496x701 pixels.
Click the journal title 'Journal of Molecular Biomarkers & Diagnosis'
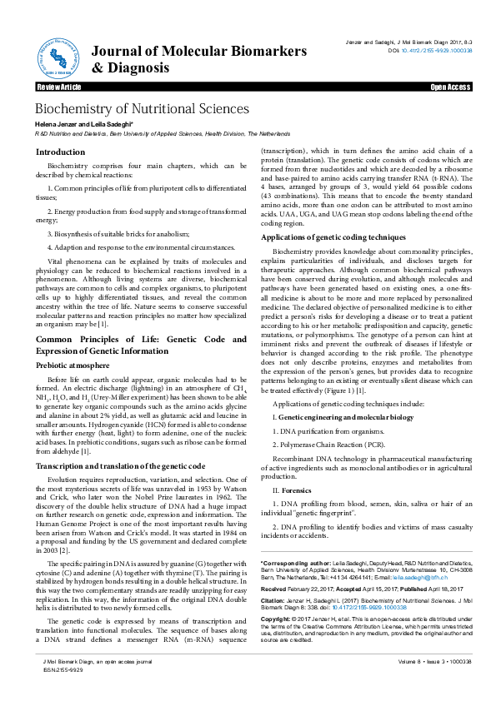[x=198, y=60]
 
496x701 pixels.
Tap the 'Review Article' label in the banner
[x=58, y=87]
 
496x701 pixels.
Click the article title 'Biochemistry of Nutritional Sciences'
[x=141, y=109]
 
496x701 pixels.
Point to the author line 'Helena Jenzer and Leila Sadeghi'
[x=90, y=124]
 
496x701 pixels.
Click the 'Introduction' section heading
[x=60, y=152]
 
